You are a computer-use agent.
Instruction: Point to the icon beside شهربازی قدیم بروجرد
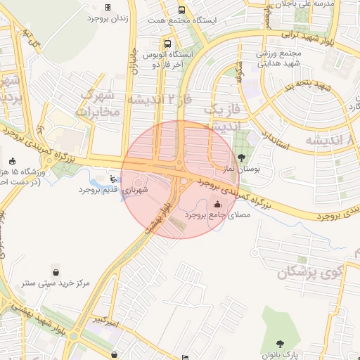(115, 179)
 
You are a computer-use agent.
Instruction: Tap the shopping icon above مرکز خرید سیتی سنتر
(56, 271)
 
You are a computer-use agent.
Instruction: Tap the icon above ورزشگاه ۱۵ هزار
(12, 161)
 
